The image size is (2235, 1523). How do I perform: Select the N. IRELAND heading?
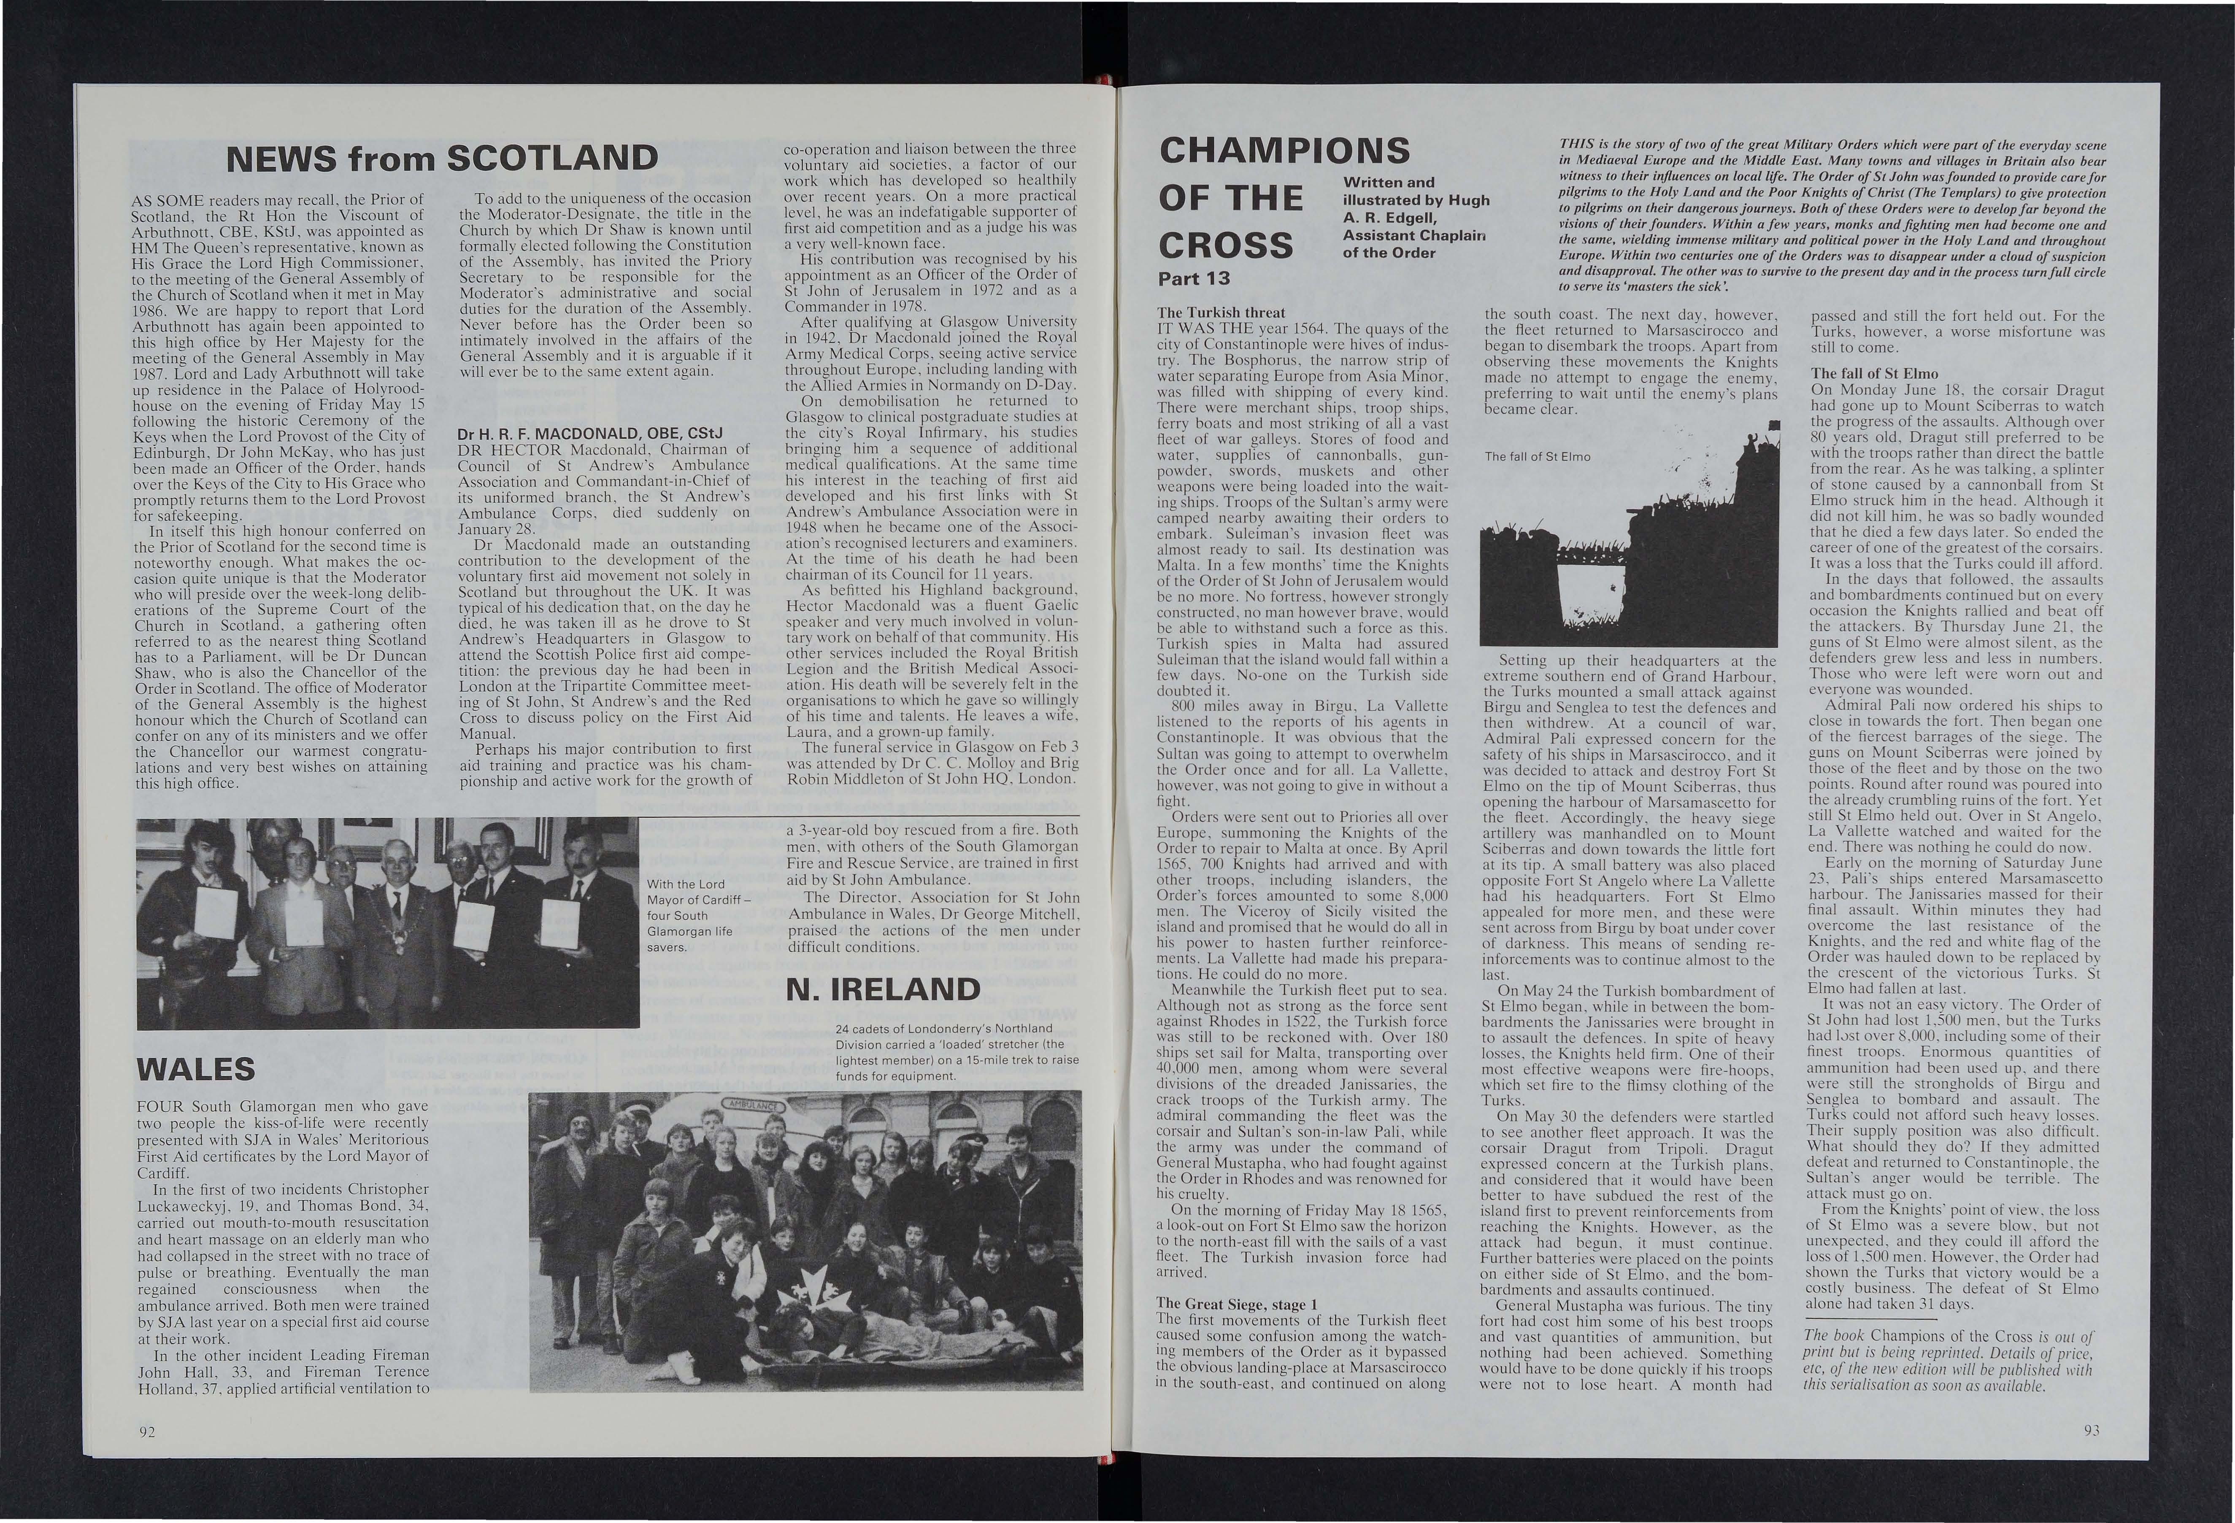883,989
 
